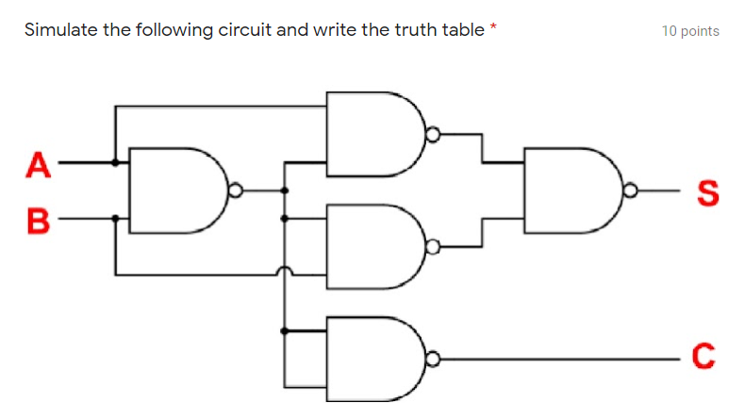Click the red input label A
[37, 165]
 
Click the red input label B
[37, 223]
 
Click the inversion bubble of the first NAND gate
[234, 191]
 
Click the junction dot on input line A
[115, 162]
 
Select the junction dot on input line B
[115, 218]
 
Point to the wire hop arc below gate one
[285, 273]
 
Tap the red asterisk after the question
[492, 28]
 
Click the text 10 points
[690, 31]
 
